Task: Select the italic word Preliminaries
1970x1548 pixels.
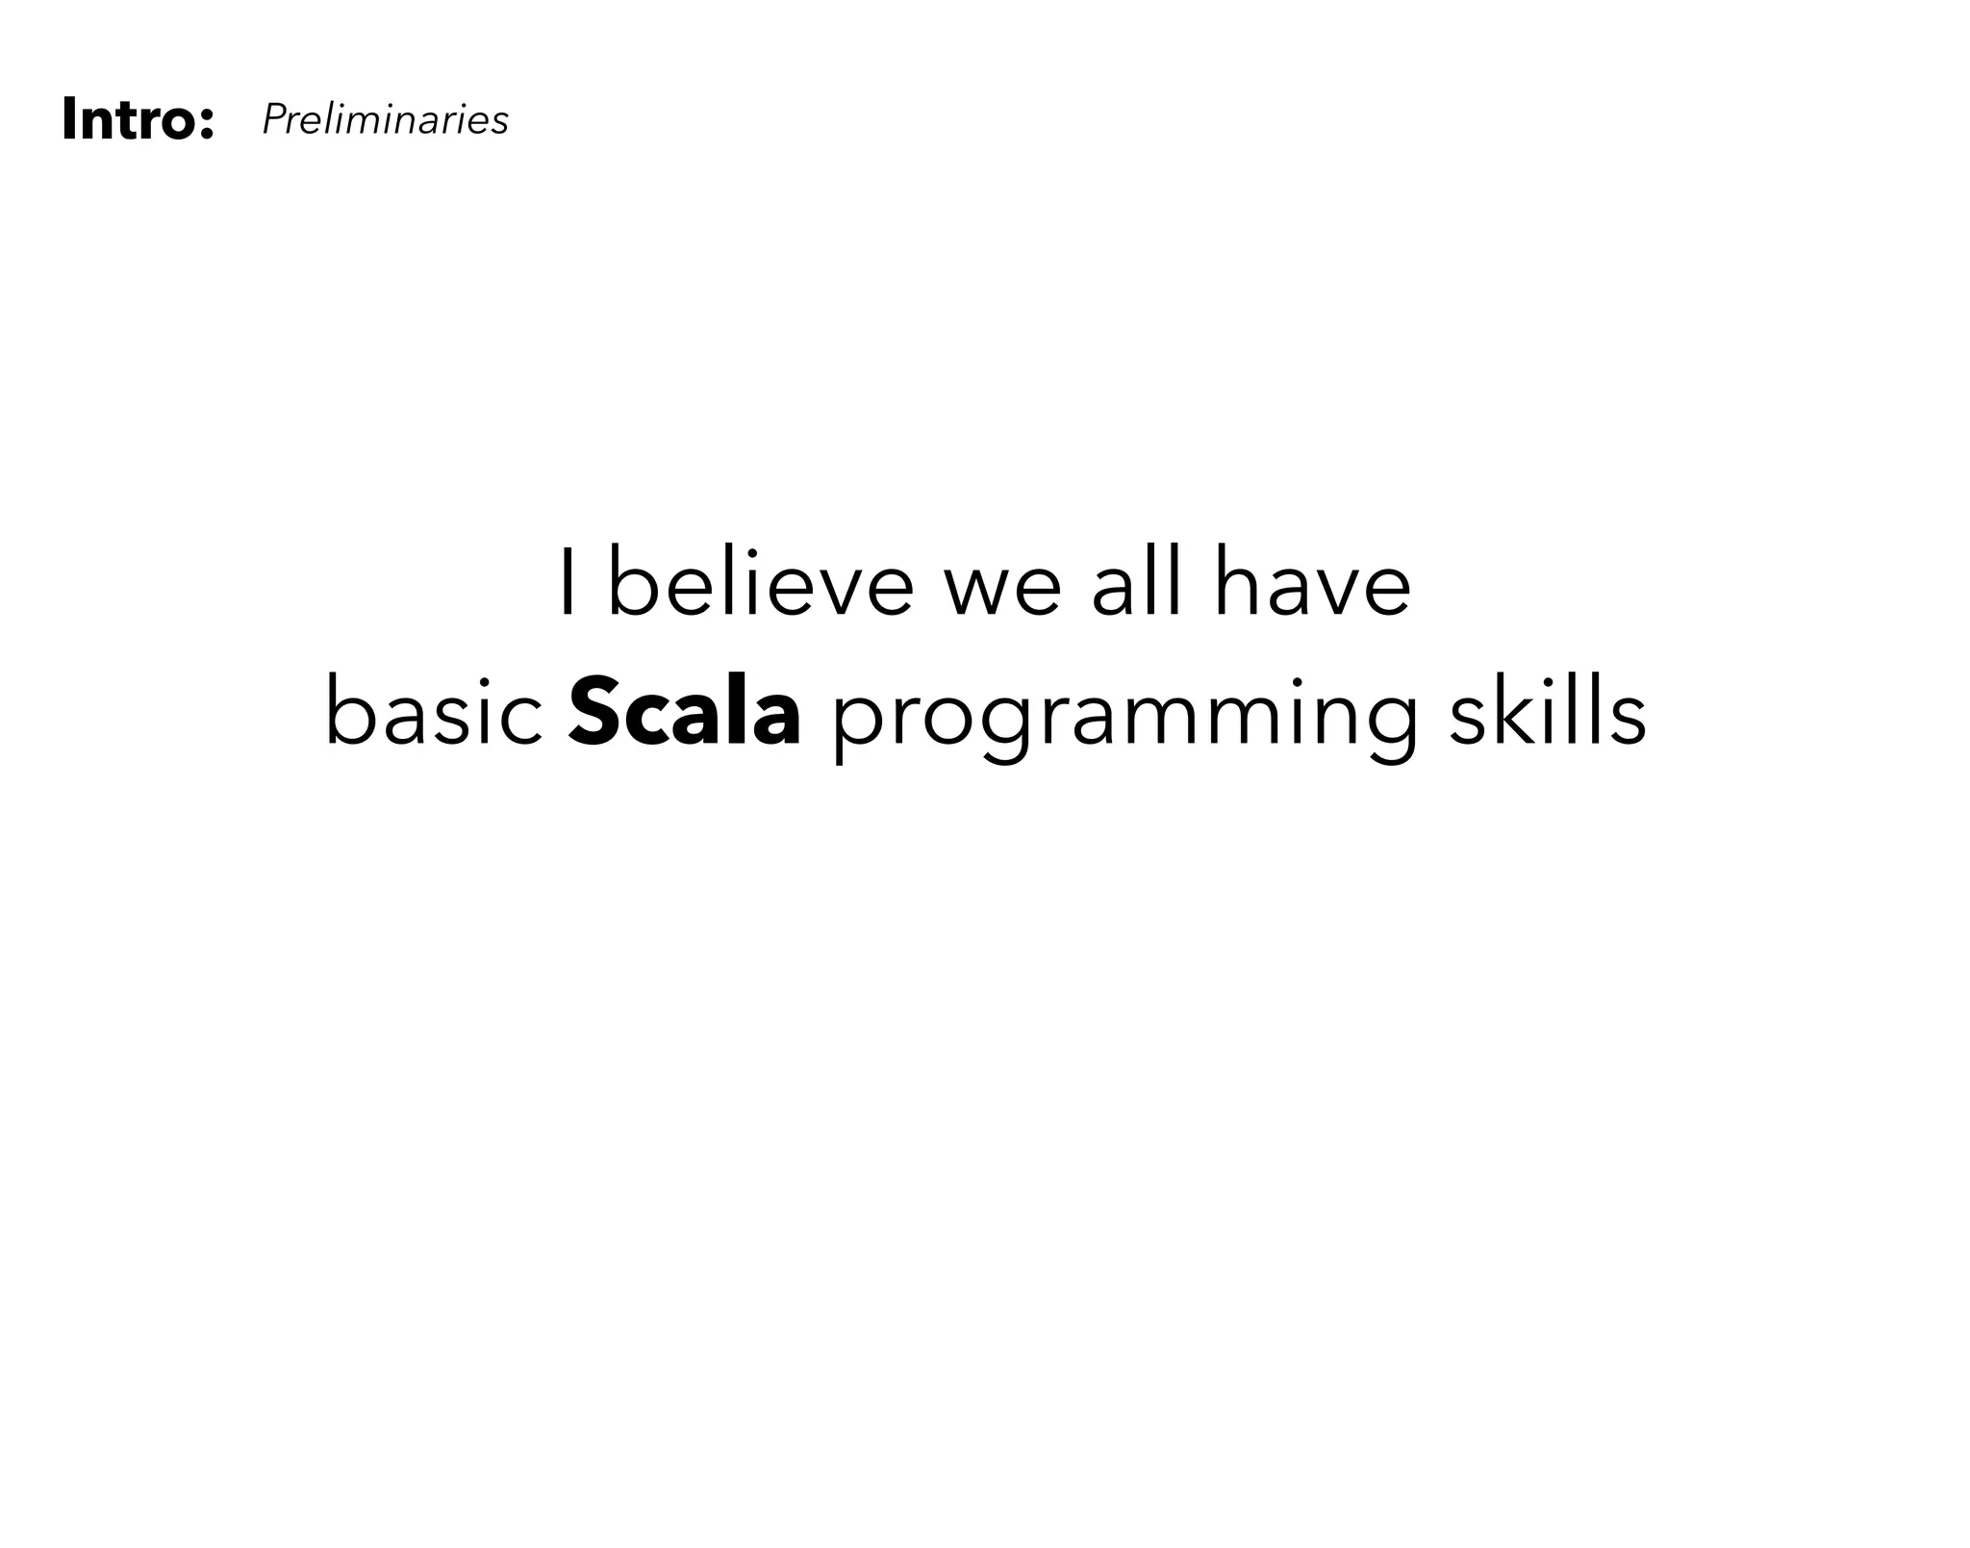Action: (385, 120)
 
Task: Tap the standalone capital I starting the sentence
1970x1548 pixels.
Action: (568, 583)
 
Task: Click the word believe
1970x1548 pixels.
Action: (760, 583)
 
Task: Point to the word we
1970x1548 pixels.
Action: (1002, 589)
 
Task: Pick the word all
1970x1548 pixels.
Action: (1135, 583)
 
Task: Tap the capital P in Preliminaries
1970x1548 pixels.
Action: (272, 120)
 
